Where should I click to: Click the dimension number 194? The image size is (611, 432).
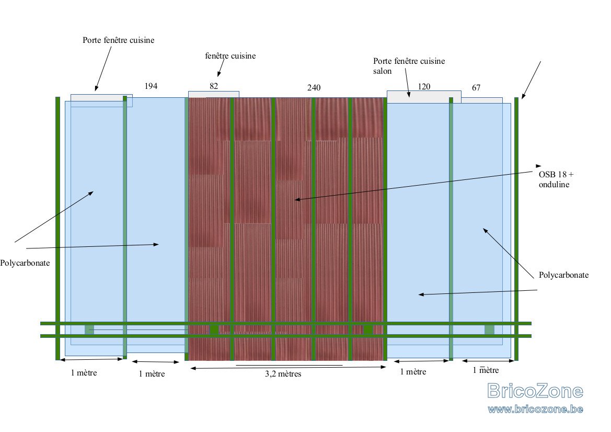click(x=151, y=86)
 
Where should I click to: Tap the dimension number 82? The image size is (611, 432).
click(x=214, y=86)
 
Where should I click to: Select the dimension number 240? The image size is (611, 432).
click(x=314, y=88)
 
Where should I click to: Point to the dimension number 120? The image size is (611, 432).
click(x=424, y=86)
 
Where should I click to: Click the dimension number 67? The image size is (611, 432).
click(x=476, y=88)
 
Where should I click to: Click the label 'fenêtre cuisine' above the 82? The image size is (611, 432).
click(x=230, y=56)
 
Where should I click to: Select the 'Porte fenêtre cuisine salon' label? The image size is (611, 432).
click(x=409, y=66)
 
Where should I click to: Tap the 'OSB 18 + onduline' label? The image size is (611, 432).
click(x=556, y=179)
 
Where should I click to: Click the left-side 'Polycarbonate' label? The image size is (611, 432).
click(x=25, y=263)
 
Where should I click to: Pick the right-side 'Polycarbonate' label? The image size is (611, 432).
click(x=563, y=275)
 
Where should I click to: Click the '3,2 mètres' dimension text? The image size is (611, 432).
click(x=283, y=374)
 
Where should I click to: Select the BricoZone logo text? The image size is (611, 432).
click(x=535, y=391)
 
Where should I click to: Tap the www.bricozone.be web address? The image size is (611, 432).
click(x=535, y=409)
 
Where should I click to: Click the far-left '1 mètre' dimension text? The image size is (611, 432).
click(x=84, y=373)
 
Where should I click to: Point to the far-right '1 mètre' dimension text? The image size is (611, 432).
click(x=486, y=370)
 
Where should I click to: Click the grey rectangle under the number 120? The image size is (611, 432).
click(x=424, y=97)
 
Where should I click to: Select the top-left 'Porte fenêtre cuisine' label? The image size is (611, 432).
click(x=119, y=40)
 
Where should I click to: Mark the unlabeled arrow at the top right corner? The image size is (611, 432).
click(x=532, y=80)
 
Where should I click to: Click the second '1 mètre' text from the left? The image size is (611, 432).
click(x=152, y=374)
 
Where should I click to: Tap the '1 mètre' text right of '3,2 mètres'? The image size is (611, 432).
click(x=413, y=372)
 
